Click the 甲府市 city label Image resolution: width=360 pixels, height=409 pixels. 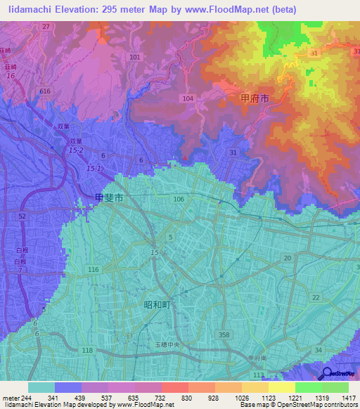point(255,100)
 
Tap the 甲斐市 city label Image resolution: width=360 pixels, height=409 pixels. point(110,199)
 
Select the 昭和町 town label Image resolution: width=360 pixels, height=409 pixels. point(158,304)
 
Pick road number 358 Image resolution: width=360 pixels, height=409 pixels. point(224,335)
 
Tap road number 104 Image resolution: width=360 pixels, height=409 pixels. point(187,99)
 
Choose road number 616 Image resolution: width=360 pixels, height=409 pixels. point(46,91)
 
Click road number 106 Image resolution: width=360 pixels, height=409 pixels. point(179,200)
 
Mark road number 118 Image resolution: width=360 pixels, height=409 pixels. point(87,350)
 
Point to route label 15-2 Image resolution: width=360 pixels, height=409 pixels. point(76,150)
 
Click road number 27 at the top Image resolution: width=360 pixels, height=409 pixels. point(46,26)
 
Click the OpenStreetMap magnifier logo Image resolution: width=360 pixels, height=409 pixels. point(326,374)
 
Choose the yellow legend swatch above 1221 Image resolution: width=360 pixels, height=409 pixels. point(281,387)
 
